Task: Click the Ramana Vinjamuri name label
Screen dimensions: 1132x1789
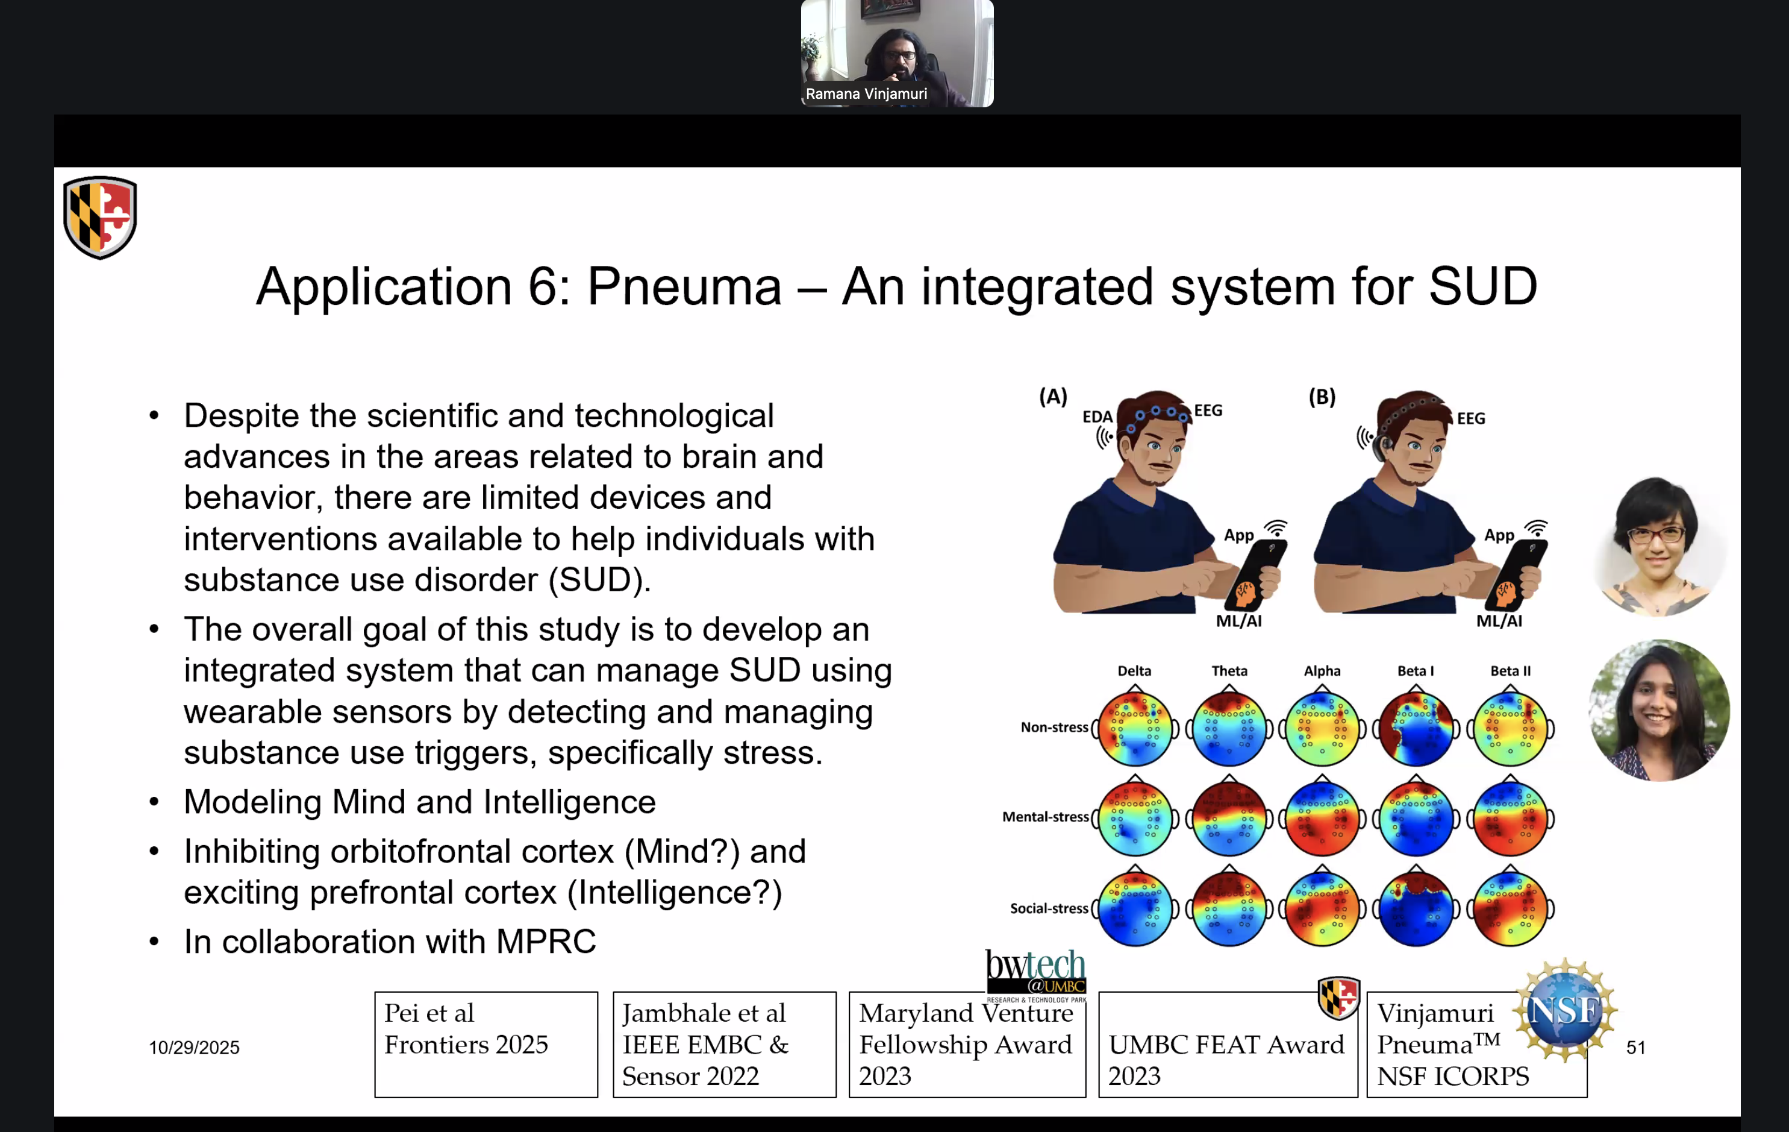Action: click(x=866, y=93)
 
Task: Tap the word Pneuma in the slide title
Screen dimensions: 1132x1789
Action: click(x=684, y=287)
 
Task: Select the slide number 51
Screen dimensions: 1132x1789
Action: click(x=1635, y=1047)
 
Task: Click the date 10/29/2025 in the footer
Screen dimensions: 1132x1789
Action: click(x=194, y=1047)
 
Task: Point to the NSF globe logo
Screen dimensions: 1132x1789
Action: click(x=1565, y=1010)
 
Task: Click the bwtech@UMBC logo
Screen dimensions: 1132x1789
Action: click(x=1035, y=973)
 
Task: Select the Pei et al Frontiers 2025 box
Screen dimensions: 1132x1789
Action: click(x=486, y=1044)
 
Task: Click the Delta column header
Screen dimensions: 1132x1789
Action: click(x=1134, y=670)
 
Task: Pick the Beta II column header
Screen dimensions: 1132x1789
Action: click(x=1510, y=670)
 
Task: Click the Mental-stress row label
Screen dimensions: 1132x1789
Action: click(x=1045, y=817)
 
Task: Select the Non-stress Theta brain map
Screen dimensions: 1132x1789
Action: click(x=1229, y=728)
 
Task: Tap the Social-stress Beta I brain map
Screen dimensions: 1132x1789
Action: click(x=1416, y=908)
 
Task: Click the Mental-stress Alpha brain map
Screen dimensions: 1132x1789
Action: click(x=1322, y=817)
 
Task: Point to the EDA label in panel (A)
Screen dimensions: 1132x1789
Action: click(x=1096, y=417)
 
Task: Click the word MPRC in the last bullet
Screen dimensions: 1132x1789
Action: click(x=546, y=942)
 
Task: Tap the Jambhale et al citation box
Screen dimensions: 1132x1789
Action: click(x=725, y=1044)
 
